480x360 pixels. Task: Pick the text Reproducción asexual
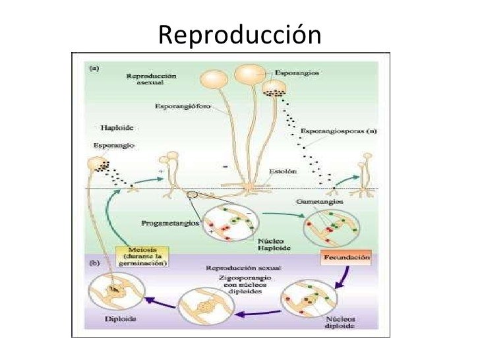(151, 80)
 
